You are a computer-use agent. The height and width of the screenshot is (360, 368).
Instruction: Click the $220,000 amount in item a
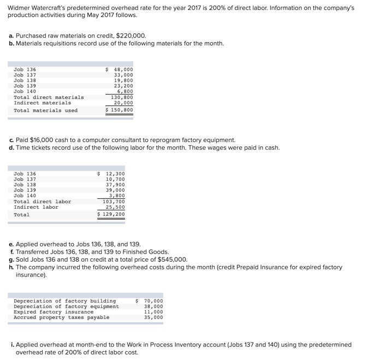pos(132,36)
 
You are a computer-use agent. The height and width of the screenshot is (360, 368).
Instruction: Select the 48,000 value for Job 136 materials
pos(123,69)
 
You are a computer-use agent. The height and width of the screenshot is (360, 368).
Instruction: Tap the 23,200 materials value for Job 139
pos(123,86)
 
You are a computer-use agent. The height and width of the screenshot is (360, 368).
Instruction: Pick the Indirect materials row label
pos(42,103)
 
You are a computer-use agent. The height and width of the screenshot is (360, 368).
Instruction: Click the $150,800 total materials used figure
pos(120,110)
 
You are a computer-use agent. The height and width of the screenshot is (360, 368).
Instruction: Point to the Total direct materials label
pos(49,97)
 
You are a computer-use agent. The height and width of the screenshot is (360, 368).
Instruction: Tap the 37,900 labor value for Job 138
pos(115,185)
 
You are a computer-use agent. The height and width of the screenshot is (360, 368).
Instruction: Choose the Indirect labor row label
pos(35,207)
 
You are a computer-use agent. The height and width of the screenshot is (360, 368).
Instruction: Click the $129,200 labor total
pos(111,215)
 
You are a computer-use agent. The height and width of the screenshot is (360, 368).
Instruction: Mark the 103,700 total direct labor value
pos(114,202)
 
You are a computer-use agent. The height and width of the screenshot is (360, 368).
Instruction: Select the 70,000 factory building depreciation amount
pos(153,301)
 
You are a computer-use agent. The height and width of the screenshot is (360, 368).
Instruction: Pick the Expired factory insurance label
pos(50,312)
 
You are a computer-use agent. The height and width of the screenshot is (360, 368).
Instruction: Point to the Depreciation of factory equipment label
pos(66,306)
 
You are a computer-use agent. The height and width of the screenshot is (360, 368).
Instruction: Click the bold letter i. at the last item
pos(12,345)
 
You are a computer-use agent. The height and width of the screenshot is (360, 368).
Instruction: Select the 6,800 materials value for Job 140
pos(125,91)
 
